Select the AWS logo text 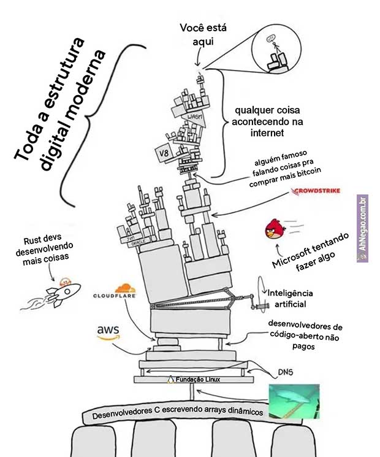point(107,332)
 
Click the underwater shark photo point(294,401)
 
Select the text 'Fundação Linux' point(198,380)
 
